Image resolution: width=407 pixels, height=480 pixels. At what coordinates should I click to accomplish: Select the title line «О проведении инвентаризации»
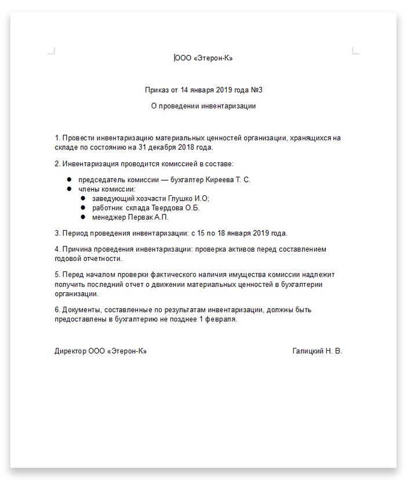click(203, 106)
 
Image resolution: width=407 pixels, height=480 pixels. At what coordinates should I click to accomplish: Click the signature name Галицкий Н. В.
click(317, 351)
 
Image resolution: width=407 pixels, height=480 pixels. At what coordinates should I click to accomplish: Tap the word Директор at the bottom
click(70, 351)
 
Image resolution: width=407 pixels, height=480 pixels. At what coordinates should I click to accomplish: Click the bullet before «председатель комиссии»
click(69, 180)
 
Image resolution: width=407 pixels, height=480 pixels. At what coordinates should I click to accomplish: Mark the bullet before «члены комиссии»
click(69, 189)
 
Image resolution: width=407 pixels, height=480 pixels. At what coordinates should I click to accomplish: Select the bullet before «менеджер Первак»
click(83, 217)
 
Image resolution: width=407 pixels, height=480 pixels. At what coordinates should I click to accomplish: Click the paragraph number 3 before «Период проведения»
click(57, 233)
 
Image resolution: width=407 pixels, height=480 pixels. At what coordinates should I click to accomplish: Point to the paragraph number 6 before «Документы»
click(57, 310)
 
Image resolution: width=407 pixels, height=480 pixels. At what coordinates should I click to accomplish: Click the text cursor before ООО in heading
click(175, 58)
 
